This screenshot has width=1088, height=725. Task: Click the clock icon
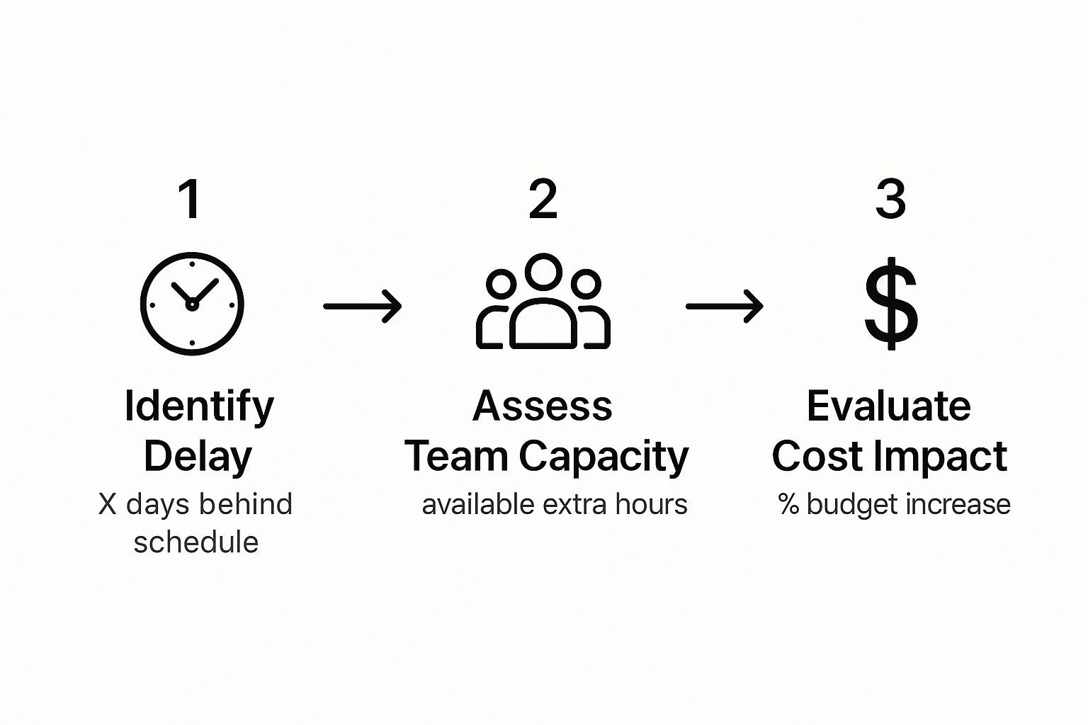point(192,304)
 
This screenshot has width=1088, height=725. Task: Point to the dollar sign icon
point(891,304)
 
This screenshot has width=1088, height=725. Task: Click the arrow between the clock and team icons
point(362,306)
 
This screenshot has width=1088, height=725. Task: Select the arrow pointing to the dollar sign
point(724,306)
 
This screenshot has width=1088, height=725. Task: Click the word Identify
point(199,406)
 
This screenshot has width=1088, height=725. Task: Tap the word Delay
point(198,457)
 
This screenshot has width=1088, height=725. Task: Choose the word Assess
point(543,406)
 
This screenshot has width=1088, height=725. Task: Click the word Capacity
point(603,457)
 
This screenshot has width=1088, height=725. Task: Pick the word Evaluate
point(888,406)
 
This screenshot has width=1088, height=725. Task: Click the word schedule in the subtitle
point(196,542)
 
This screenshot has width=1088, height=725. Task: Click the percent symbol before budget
point(788,504)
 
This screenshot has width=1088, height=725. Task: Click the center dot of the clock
point(191,305)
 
